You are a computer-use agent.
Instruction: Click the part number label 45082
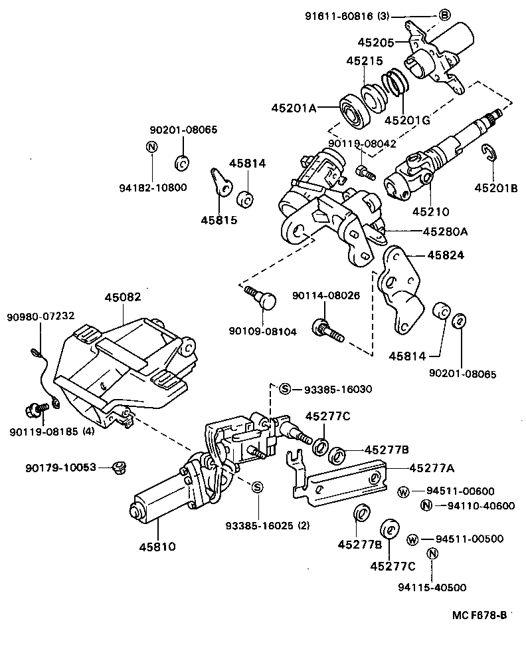pos(123,298)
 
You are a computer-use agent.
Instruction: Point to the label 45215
pos(364,61)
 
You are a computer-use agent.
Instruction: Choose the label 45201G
pos(407,120)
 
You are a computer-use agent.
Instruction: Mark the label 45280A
pos(445,231)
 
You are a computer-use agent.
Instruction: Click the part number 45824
pos(446,254)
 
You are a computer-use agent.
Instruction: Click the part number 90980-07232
pos(41,316)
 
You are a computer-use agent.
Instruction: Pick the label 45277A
pos(432,468)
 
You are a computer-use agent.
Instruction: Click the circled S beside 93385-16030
pos(284,389)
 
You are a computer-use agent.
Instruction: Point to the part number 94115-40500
pos(432,587)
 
